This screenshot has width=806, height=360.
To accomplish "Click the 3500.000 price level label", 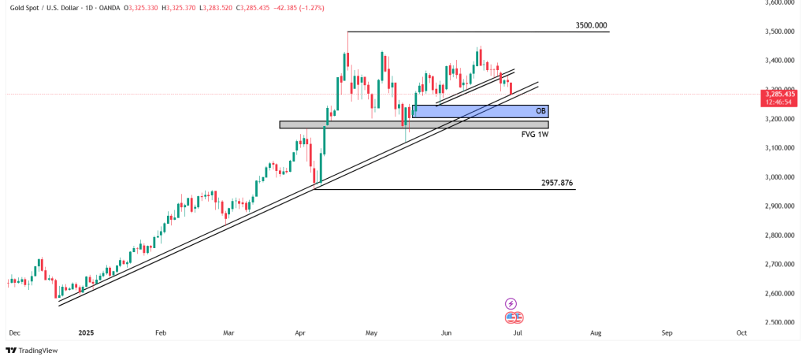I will (591, 26).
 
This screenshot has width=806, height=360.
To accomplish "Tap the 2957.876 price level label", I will (557, 184).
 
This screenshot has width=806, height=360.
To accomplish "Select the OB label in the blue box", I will (540, 111).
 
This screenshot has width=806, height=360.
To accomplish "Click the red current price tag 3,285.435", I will (778, 95).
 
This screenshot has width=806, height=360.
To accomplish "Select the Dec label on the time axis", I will (13, 333).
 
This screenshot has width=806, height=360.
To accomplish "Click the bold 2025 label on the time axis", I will (86, 333).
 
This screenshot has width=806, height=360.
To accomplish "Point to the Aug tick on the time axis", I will (595, 333).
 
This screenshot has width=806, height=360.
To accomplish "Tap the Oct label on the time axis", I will (741, 333).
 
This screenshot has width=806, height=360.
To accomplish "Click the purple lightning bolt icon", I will (511, 303).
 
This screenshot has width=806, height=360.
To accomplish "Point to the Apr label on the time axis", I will (299, 333).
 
